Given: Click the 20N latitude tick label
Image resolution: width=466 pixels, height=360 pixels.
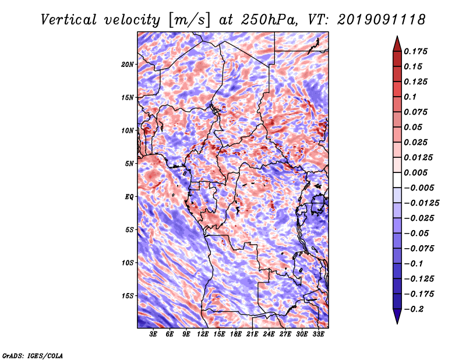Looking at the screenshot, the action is pos(128,65).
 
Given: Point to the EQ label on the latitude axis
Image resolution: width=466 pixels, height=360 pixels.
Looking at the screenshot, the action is pos(129,197).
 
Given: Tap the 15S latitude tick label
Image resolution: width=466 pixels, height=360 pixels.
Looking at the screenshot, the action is pos(128,296).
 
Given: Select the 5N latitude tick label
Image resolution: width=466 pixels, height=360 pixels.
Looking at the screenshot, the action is pos(129,164).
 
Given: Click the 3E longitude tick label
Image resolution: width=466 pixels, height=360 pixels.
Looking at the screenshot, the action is pos(153,334).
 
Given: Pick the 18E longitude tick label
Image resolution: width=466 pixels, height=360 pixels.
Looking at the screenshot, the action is pos(236,334).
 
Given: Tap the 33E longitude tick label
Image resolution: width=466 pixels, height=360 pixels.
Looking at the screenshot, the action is pos(318,334).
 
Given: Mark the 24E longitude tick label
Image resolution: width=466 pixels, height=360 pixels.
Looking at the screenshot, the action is pos(269,334).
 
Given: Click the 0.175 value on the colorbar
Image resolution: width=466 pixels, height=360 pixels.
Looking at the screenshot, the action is pos(415,51).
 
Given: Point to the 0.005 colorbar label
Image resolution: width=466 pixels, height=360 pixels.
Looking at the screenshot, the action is pos(415,172).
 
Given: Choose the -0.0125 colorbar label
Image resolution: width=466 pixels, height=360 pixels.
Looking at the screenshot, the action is pos(421,203).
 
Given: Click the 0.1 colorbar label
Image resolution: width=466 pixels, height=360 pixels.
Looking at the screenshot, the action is pos(410,97).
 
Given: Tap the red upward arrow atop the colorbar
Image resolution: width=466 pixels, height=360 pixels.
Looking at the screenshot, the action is pos(397,44).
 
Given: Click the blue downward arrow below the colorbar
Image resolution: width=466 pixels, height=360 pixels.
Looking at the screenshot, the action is pos(397,316).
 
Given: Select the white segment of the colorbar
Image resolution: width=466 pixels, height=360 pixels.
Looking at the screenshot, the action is pos(397,180).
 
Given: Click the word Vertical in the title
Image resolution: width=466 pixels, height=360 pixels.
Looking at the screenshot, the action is pos(69,20).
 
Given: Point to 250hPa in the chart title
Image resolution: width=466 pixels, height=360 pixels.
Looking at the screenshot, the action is pos(269,20).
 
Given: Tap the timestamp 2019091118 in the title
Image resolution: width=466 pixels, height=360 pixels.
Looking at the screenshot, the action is pos(382,20).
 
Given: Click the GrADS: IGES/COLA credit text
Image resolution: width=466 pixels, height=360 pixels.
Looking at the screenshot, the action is pos(33,356).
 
